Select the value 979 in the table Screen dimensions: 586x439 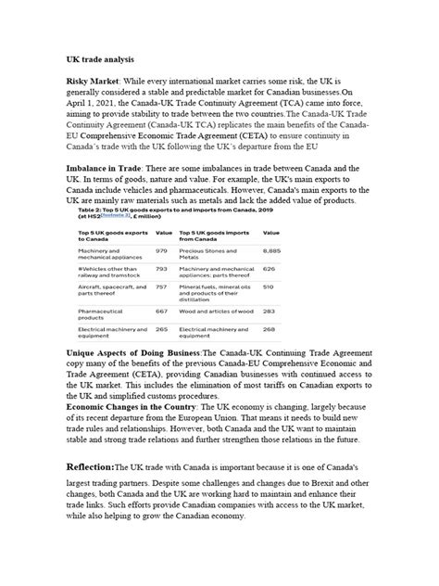click(x=161, y=250)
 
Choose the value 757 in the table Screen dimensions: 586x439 click(x=161, y=287)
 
